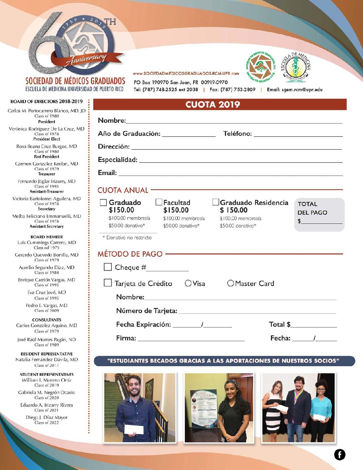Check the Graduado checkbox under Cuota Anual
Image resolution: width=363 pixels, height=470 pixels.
[x=103, y=202]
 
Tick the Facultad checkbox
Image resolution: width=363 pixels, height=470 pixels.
[x=159, y=202]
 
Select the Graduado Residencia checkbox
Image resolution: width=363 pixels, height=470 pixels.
[x=216, y=202]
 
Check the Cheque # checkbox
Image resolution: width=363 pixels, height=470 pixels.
[x=107, y=267]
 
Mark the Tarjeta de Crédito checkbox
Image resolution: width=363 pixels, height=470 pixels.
[x=107, y=283]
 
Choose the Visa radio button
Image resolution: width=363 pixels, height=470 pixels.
[x=188, y=283]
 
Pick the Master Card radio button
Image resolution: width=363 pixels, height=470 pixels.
[x=231, y=283]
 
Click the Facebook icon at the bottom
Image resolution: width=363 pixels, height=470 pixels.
[x=340, y=454]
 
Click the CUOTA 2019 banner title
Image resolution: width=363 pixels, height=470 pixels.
[x=213, y=104]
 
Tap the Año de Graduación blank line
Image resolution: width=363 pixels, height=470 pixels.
[x=189, y=135]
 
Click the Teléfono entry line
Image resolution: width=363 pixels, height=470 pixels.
[x=298, y=135]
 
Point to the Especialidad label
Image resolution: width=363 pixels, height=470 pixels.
[x=117, y=160]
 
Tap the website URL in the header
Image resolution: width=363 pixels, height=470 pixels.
[x=186, y=73]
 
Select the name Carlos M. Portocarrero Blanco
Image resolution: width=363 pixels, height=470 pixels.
[x=46, y=110]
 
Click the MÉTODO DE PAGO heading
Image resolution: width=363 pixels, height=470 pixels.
[x=130, y=254]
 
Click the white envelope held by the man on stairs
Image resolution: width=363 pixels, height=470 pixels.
[x=134, y=429]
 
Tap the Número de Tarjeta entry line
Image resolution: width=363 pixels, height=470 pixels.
[x=257, y=312]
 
